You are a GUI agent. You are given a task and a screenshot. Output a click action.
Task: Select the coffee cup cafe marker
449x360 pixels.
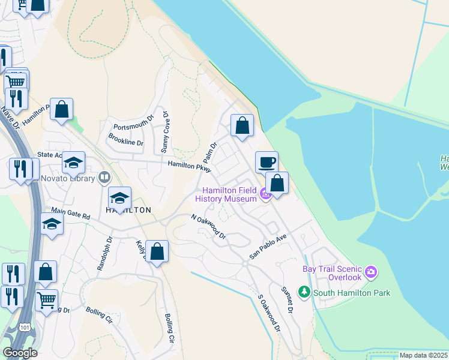point(267,162)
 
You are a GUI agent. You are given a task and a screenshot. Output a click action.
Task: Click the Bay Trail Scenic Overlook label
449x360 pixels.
point(332,274)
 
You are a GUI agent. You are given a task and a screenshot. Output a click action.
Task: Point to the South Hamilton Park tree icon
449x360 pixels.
point(305,292)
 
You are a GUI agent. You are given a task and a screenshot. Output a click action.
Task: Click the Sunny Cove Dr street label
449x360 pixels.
point(166,130)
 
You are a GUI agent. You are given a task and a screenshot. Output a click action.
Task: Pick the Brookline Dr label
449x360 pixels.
point(126,139)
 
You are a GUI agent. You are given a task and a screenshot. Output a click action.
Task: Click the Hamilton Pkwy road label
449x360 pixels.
point(190,166)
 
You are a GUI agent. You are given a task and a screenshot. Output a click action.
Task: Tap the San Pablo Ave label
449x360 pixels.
point(269,246)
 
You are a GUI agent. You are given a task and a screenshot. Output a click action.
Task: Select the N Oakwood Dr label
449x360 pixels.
point(208,227)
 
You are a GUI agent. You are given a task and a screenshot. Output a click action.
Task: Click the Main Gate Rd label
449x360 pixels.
point(70,212)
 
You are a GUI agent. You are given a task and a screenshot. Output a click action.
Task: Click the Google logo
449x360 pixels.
point(20,353)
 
